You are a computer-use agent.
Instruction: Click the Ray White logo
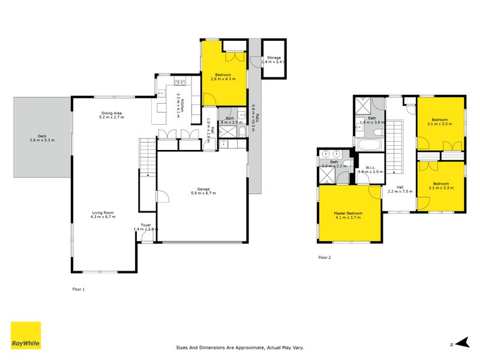point(26,335)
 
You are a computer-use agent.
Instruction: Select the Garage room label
point(203,190)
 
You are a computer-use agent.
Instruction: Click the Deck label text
point(41,136)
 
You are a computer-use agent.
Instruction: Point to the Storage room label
point(274,58)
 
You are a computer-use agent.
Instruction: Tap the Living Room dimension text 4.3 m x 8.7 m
point(103,217)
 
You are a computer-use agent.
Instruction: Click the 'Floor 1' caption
point(78,289)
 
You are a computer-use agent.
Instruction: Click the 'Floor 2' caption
point(324,257)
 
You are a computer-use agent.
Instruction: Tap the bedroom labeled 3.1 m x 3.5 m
point(441,121)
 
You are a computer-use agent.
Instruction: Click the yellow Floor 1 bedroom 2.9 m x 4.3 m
point(223,76)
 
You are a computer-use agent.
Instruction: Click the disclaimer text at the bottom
point(240,347)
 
